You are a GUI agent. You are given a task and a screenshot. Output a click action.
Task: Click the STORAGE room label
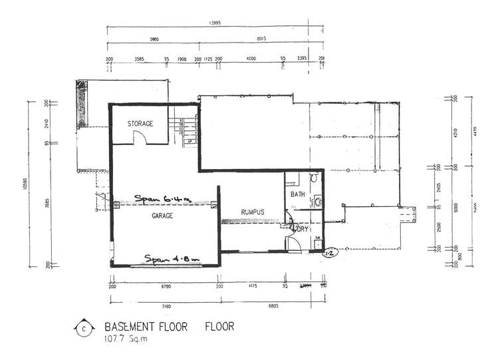(140, 124)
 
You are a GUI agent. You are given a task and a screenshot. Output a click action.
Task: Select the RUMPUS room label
(253, 212)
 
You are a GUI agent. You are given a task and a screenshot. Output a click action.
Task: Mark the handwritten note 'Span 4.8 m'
(172, 258)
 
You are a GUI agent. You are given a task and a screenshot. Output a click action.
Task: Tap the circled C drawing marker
(84, 328)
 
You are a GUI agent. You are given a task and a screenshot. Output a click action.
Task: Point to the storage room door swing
(140, 138)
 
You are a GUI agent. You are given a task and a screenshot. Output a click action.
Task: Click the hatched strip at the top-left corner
(82, 104)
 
